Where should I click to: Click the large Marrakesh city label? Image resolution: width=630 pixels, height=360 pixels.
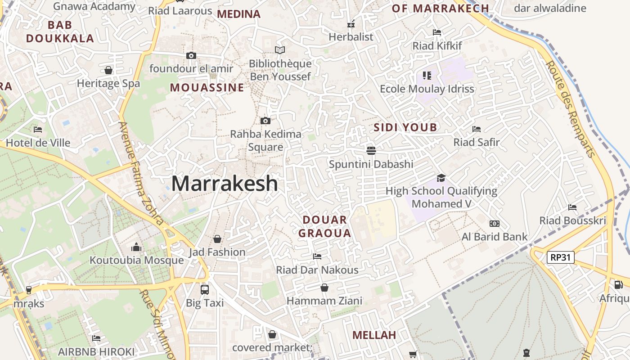point(225,184)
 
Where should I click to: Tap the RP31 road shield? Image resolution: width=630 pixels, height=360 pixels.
point(561,257)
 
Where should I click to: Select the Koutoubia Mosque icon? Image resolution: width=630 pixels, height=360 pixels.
point(136,247)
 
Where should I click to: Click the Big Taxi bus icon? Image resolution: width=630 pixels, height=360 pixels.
point(205,289)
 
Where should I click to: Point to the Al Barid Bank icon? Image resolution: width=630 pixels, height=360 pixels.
point(494,224)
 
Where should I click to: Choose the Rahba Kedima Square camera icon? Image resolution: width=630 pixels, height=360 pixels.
point(265,121)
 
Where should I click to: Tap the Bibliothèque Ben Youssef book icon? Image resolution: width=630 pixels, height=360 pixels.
point(280,50)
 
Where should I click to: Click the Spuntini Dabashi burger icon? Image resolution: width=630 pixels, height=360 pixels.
point(371,150)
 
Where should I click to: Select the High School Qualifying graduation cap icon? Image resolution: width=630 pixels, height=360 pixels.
point(441,178)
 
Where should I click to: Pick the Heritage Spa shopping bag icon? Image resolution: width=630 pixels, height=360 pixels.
point(108,70)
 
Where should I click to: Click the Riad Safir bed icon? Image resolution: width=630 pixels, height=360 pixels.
point(477,129)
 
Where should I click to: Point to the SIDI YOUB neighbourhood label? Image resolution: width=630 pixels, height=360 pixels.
point(405,127)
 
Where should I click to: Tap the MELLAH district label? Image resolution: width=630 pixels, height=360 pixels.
point(374,335)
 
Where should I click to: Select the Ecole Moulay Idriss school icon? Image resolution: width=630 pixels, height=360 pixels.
point(427,75)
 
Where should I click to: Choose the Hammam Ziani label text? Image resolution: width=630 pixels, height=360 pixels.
point(324,301)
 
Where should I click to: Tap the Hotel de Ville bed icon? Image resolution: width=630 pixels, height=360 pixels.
point(38,130)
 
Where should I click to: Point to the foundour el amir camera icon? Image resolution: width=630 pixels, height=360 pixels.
point(191,55)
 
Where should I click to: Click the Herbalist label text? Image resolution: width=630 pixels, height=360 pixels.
point(351,37)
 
